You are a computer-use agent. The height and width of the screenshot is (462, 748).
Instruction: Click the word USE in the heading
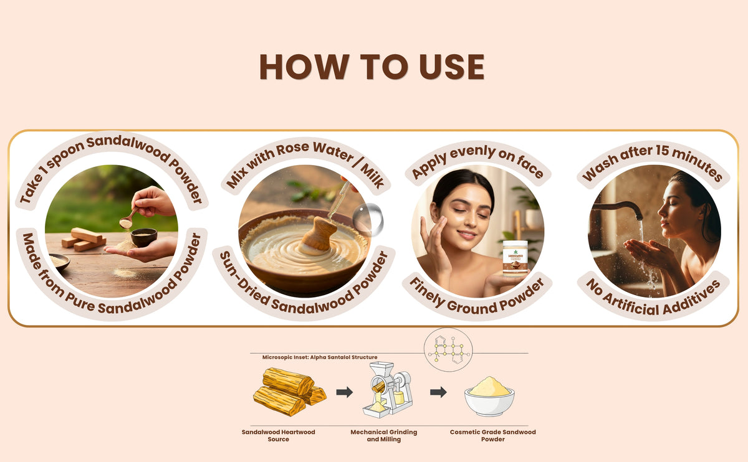pos(451,67)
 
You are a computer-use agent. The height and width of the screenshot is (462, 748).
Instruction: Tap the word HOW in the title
pos(305,67)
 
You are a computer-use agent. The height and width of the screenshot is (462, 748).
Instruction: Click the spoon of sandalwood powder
pos(128,219)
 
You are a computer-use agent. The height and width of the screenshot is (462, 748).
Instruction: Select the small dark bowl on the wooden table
pos(143,237)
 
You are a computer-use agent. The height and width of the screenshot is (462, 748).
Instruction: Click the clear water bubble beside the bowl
pos(368,219)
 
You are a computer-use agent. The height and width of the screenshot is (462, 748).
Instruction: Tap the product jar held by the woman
pos(515,258)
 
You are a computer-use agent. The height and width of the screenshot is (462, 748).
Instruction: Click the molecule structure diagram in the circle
pos(448,349)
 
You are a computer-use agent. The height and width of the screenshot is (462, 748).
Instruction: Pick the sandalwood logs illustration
pos(289,392)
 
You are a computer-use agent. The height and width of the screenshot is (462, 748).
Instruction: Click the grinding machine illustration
pos(388,389)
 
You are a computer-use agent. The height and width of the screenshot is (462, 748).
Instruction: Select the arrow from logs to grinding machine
pos(344,392)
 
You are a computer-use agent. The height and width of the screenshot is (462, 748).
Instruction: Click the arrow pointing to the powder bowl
pos(438,392)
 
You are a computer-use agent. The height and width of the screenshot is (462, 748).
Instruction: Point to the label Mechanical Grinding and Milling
pos(384,436)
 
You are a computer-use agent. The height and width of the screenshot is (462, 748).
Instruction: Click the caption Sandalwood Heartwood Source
pos(278,436)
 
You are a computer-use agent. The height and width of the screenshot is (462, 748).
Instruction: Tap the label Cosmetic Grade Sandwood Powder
pos(492,436)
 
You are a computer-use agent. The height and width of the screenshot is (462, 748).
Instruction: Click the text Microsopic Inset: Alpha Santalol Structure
pos(320,357)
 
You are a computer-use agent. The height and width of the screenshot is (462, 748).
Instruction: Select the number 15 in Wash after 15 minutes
pos(661,151)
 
